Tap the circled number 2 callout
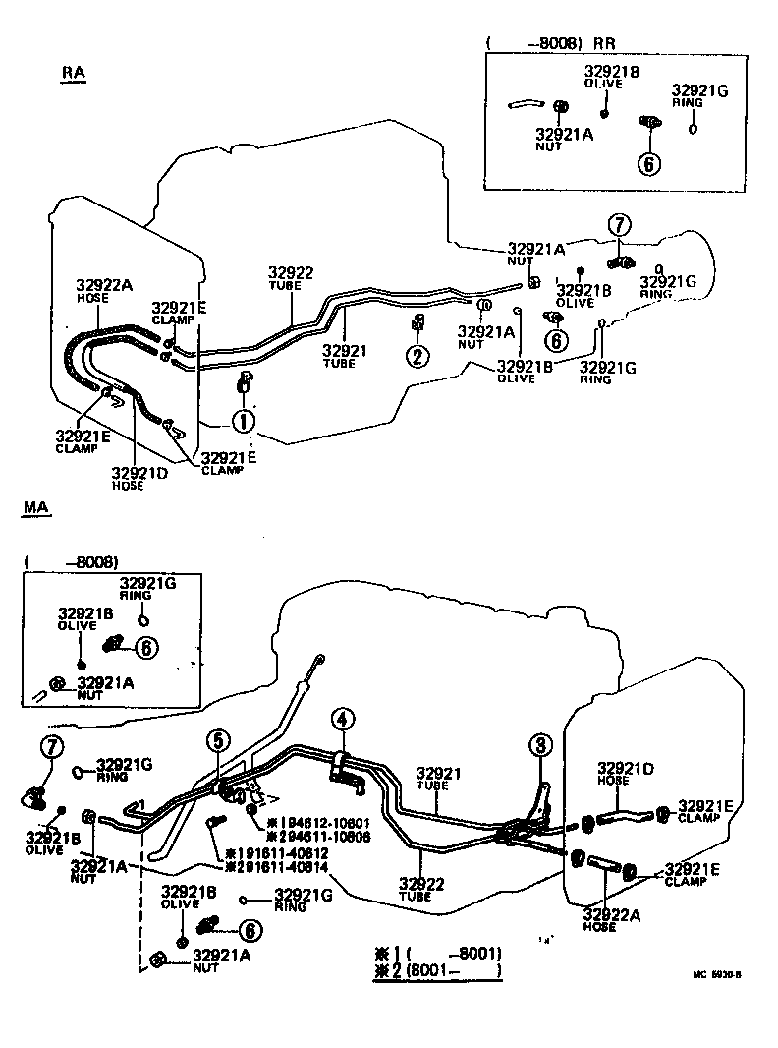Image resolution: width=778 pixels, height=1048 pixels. pyautogui.click(x=418, y=356)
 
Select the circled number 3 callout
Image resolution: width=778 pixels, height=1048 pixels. pyautogui.click(x=540, y=745)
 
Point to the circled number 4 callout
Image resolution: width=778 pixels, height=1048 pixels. pyautogui.click(x=341, y=721)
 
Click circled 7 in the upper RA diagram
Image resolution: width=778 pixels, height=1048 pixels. pyautogui.click(x=619, y=225)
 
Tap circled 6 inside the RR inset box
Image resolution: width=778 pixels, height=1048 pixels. pyautogui.click(x=647, y=163)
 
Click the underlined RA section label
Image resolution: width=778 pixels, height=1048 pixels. pyautogui.click(x=73, y=75)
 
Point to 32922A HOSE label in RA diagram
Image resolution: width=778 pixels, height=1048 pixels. pyautogui.click(x=104, y=292)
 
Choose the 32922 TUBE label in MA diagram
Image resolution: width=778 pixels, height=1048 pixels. pyautogui.click(x=422, y=890)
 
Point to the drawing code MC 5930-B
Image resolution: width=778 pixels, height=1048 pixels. pyautogui.click(x=716, y=976)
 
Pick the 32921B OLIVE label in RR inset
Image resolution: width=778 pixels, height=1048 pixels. pyautogui.click(x=612, y=77)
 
